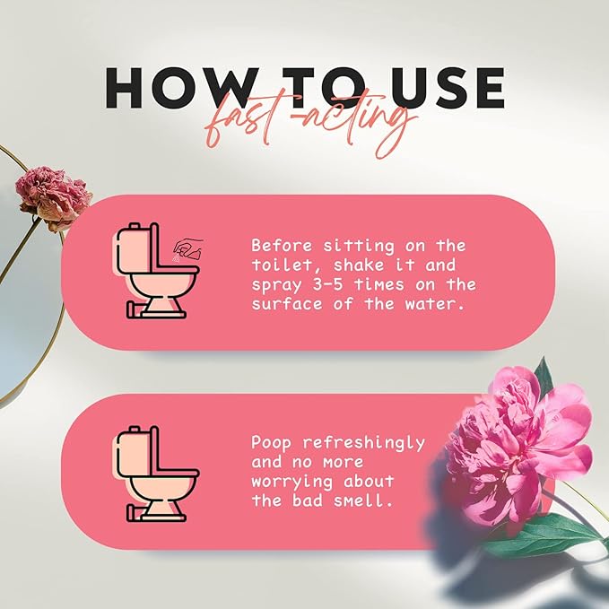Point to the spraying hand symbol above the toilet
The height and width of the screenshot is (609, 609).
tap(185, 249)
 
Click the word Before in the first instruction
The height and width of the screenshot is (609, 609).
tap(279, 245)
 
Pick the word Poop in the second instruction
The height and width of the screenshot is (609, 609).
tap(270, 444)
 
